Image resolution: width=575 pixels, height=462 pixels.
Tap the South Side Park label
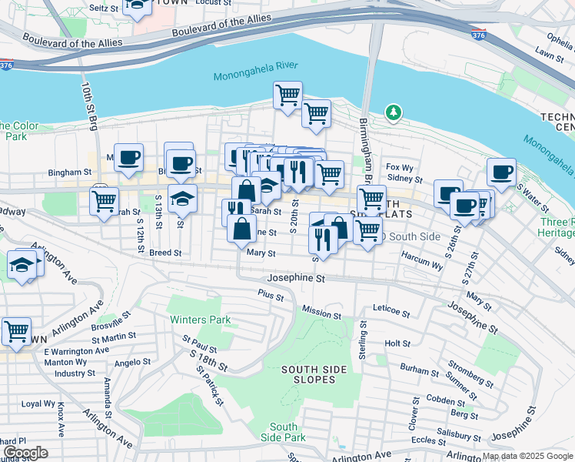(284, 432)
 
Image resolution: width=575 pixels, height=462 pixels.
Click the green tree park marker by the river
(394, 114)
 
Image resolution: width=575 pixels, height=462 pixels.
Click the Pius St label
(271, 295)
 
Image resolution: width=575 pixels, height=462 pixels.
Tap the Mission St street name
(321, 314)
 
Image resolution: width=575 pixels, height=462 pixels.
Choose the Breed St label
(165, 252)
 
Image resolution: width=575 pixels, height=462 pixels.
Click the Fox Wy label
(401, 166)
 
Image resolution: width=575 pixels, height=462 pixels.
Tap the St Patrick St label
(208, 385)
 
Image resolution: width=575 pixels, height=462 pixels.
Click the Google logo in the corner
(25, 452)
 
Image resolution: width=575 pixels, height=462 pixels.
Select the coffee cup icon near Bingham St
(128, 157)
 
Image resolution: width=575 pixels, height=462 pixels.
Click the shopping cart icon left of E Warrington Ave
(16, 331)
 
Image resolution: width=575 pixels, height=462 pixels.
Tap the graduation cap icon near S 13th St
(182, 198)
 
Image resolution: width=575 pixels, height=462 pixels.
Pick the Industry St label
(75, 373)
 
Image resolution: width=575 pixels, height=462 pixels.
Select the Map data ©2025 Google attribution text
(527, 456)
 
